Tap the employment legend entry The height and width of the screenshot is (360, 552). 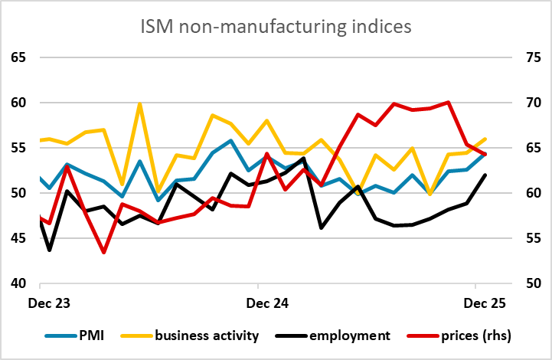coord(346,335)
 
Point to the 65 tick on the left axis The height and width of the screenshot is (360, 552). coord(18,57)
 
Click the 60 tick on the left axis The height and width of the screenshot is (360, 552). coord(18,103)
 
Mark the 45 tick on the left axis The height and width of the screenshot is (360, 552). coord(18,238)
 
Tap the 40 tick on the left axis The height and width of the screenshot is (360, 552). coord(18,283)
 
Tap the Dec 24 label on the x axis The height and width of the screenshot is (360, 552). coord(267,303)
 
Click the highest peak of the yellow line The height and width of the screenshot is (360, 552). coord(139,103)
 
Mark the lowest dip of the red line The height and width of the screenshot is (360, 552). coord(103,252)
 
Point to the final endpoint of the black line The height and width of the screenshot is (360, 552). coord(485,175)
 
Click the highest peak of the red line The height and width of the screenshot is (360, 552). coord(449,102)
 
